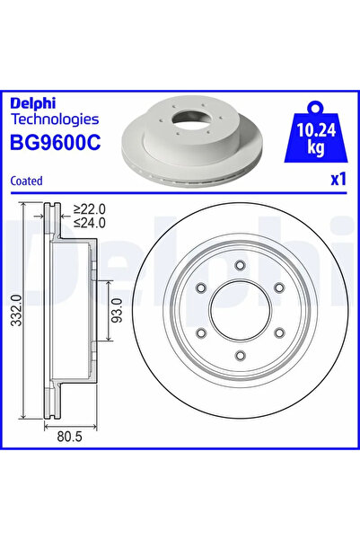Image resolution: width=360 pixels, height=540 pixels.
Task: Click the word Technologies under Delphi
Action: (55, 119)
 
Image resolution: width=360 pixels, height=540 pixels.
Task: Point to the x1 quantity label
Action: (338, 180)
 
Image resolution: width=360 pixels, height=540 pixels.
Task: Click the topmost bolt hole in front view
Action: (240, 264)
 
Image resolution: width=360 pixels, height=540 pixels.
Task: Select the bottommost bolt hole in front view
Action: (240, 359)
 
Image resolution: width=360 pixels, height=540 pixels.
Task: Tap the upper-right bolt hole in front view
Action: (280, 288)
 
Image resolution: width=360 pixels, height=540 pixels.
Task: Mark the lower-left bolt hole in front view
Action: (199, 335)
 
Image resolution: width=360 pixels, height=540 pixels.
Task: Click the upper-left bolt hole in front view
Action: (199, 288)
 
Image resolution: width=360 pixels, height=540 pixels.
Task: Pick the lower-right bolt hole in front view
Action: (280, 335)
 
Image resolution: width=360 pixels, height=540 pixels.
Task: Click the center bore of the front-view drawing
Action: (240, 312)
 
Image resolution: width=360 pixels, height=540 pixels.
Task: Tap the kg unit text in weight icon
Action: (314, 146)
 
